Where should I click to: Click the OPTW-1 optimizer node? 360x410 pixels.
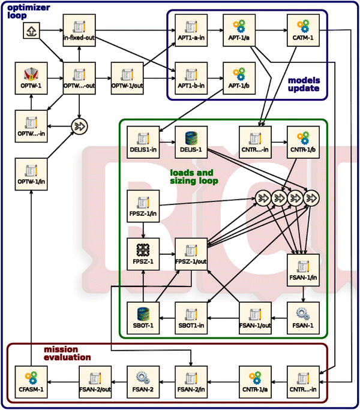[30, 78]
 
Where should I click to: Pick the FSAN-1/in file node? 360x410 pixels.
[302, 270]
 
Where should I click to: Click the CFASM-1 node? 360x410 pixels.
[30, 382]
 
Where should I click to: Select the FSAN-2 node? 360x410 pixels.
[143, 382]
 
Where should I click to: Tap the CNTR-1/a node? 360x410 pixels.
[254, 382]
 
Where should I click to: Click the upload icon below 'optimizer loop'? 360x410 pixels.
[30, 32]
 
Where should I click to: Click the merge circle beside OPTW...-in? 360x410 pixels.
[79, 126]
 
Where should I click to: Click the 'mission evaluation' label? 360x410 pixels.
[67, 353]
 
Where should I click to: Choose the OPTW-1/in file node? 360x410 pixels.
[30, 174]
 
